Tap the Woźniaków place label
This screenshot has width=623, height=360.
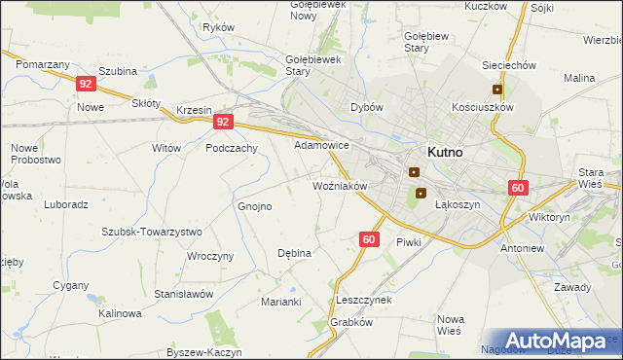coord(339,185)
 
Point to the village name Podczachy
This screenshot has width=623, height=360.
coord(231,148)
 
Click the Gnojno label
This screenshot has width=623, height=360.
coord(255,206)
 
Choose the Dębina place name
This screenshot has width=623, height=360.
coord(294,253)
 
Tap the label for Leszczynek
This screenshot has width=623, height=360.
coord(362,300)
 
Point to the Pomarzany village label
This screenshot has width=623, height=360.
coord(42,63)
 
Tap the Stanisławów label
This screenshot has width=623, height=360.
coord(183,293)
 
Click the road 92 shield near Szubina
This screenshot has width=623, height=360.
coord(86,85)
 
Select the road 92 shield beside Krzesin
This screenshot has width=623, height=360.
coord(224,122)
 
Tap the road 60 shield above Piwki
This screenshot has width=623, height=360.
coord(368,238)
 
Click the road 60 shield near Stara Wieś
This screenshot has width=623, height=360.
coord(517,189)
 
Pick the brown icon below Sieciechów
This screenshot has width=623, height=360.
coord(496,90)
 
